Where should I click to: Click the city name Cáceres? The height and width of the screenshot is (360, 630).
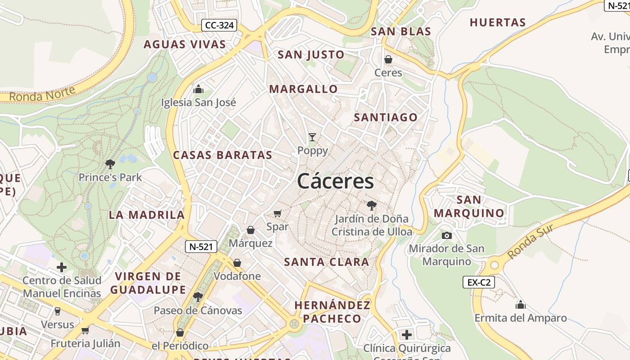coord(335,181)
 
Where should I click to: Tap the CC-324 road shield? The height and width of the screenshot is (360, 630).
coord(219,25)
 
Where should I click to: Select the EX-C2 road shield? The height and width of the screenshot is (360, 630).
coord(479,283)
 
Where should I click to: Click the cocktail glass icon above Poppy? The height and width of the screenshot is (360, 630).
coord(312,137)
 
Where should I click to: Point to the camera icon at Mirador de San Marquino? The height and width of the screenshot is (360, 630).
coord(446,235)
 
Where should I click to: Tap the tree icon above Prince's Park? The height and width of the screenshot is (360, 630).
coord(110,164)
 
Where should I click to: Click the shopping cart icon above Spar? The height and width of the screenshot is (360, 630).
coord(278,213)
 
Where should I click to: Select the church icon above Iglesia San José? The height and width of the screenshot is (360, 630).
coord(198,89)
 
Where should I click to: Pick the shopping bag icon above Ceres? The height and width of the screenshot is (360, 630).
coord(388,59)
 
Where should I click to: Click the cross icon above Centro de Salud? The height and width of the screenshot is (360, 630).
coord(62,267)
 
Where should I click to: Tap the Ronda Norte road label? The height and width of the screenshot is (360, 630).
coord(42,94)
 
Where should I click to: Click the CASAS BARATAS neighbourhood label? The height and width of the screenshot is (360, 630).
coord(223,155)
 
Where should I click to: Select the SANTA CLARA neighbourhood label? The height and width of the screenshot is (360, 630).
coord(327,262)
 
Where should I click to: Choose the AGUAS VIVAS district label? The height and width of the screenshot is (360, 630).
coord(184,44)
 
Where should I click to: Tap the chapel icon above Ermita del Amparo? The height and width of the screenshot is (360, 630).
coord(521,305)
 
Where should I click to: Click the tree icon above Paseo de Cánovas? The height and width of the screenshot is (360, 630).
coord(198,297)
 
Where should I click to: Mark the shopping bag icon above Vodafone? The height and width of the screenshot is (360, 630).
coord(237,263)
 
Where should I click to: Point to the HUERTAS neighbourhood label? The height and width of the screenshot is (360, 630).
coord(498,22)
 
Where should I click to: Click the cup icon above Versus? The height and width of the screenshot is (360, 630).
coord(57,311)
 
